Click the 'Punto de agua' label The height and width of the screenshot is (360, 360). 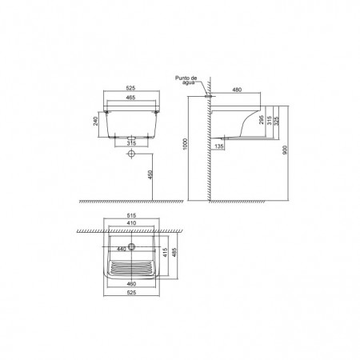pos(186,80)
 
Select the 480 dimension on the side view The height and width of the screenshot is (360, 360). pos(237,90)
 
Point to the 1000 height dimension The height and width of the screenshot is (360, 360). pos(186,144)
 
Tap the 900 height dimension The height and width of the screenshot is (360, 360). pos(285,150)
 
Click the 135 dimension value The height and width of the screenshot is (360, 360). pos(218,146)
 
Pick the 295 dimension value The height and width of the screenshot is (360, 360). pos(262,120)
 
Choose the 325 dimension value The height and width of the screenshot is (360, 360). pos(276,121)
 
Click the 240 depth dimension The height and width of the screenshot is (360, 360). pos(96,121)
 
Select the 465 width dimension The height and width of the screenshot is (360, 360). pos(131,98)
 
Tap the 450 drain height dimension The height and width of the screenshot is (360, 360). pos(150,174)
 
